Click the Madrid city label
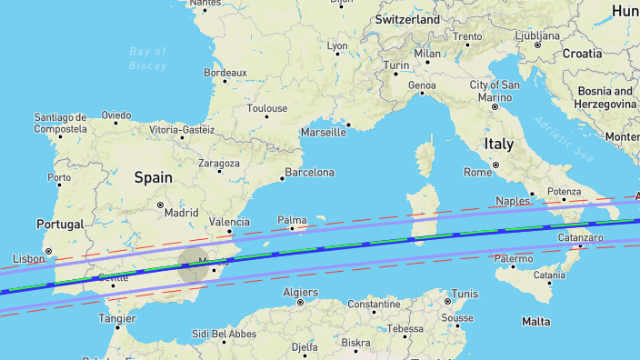[x=182, y=213]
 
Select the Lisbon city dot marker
[x=48, y=252]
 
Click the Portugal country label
[x=59, y=225]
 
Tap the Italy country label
[x=498, y=144]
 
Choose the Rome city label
[x=478, y=172]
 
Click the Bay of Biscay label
[x=148, y=58]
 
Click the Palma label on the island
[x=292, y=219]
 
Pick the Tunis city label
[x=465, y=294]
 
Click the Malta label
[x=536, y=321]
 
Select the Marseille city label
[x=323, y=132]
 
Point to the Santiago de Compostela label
[x=60, y=123]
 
